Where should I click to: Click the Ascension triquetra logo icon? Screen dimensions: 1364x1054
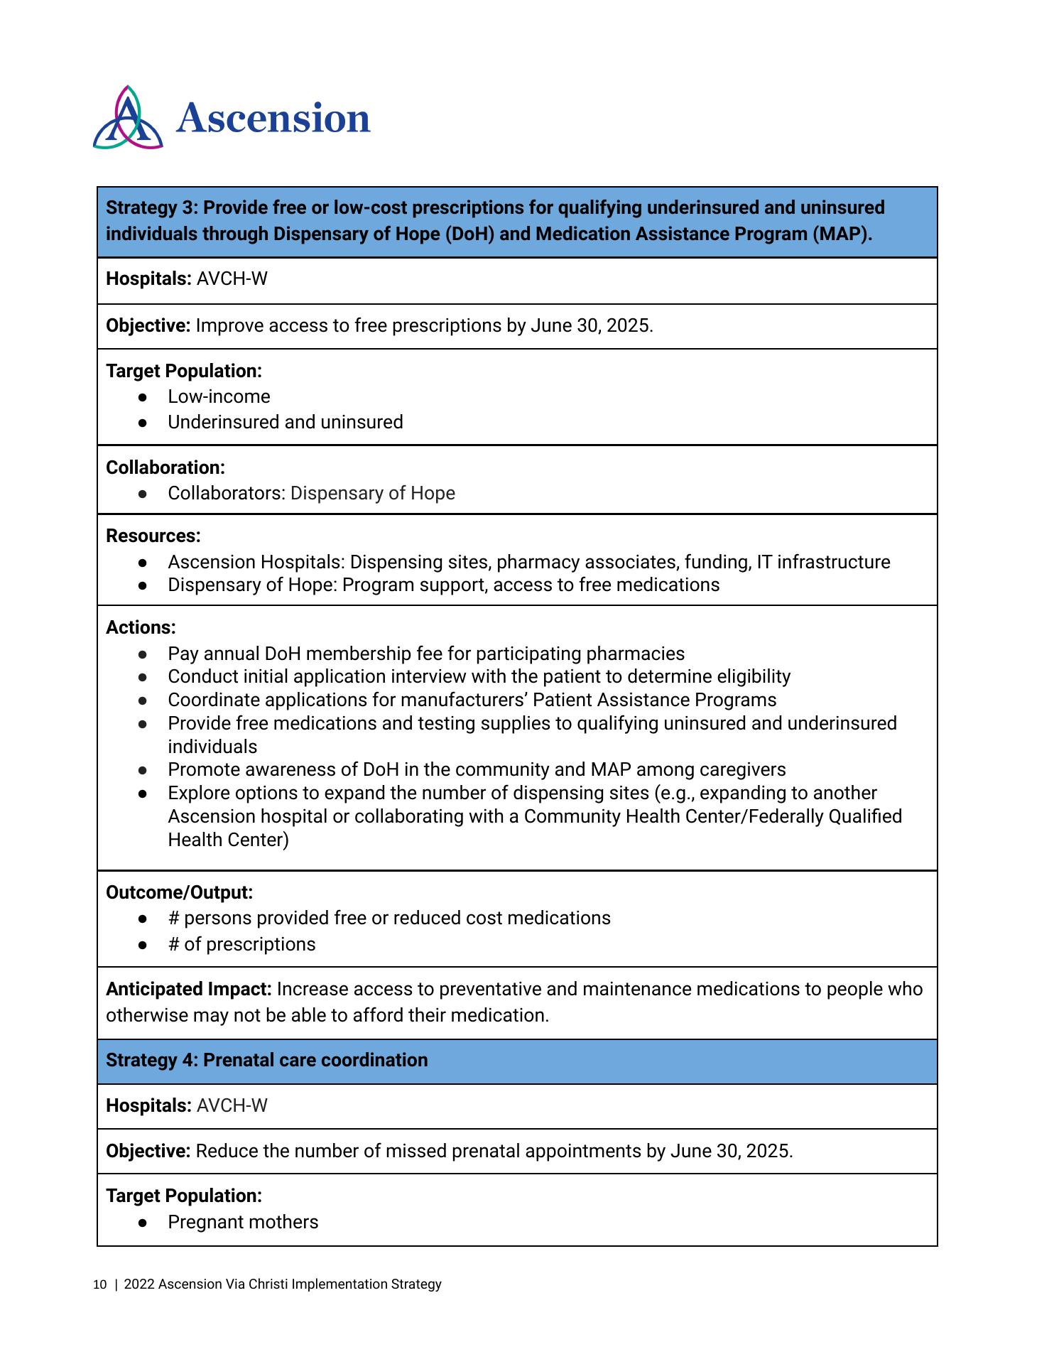coord(128,119)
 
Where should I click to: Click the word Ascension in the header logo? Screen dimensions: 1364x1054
coord(273,119)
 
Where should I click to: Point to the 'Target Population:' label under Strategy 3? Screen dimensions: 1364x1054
coord(184,371)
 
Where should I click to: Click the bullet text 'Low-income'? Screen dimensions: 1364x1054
coord(219,396)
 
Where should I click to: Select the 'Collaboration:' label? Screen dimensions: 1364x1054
coord(165,467)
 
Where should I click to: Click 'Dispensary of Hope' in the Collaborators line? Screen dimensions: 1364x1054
coord(372,493)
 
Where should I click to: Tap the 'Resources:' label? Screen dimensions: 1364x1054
coord(153,536)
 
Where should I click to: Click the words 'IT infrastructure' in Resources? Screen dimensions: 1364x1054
coord(823,562)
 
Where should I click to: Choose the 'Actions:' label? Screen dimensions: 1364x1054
coord(141,627)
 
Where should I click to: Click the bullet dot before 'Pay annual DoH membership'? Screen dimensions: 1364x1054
coord(143,654)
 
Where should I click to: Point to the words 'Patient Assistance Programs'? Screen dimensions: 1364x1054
coord(654,700)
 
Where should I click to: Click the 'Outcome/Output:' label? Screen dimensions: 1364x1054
coord(179,892)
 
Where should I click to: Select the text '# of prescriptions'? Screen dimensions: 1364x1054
coord(241,944)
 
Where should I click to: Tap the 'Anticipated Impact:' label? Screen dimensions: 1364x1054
coord(189,989)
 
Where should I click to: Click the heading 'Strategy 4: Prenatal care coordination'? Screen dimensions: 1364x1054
coord(267,1060)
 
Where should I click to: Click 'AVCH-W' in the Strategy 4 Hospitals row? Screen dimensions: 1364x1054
coord(232,1105)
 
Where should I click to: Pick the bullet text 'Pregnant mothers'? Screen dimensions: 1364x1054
coord(243,1222)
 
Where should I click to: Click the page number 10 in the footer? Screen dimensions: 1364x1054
coord(99,1284)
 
